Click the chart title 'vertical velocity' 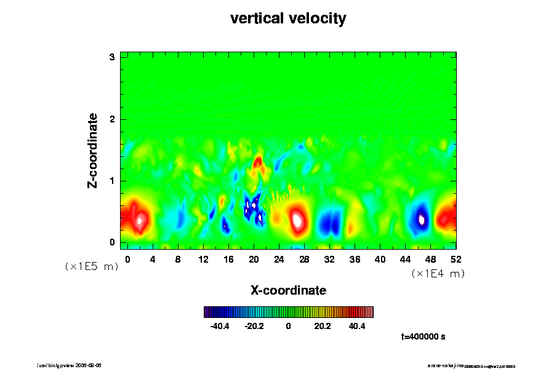click(288, 18)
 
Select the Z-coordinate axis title click(93, 150)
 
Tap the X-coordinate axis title click(288, 290)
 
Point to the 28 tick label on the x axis click(304, 259)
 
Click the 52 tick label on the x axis click(456, 259)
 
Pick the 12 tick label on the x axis click(203, 259)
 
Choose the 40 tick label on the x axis click(380, 259)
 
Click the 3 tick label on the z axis click(112, 57)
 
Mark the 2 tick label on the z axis click(112, 119)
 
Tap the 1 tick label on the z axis click(112, 181)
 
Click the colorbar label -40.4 click(220, 326)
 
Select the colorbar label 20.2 click(323, 326)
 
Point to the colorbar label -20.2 click(254, 326)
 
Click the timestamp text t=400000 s click(423, 337)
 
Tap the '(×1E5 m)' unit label click(91, 267)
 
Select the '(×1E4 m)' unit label click(438, 274)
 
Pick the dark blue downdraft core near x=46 click(422, 219)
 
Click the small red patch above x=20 click(258, 162)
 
